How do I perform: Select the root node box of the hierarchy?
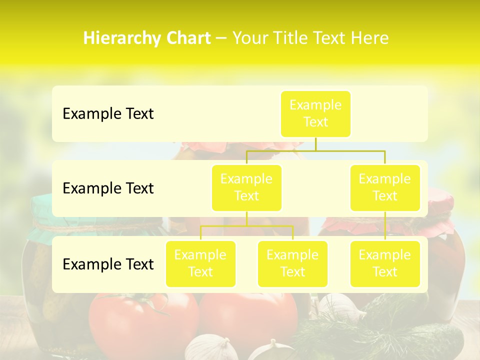[315, 114]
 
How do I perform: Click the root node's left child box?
[246, 188]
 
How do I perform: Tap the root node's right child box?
[385, 188]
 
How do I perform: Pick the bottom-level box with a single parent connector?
[385, 264]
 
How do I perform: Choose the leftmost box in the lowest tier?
[200, 264]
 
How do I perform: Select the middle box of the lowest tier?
[292, 264]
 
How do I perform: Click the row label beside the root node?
[108, 114]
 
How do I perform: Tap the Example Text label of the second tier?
[108, 188]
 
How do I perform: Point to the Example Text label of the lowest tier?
[108, 264]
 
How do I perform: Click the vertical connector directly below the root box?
[315, 144]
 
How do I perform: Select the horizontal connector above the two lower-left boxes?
[246, 226]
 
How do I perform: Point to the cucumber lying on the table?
[430, 340]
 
